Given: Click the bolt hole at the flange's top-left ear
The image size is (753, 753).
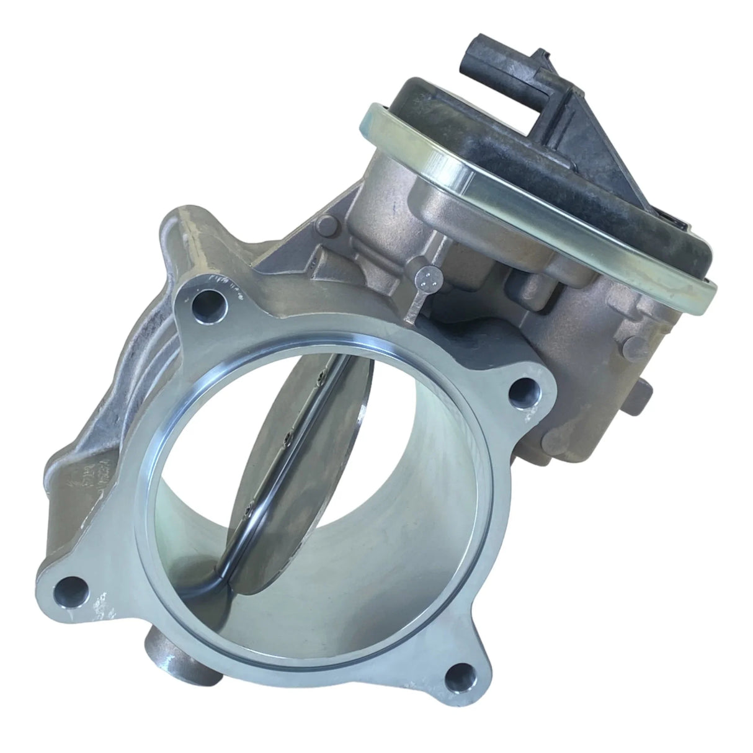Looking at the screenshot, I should (x=204, y=306).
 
